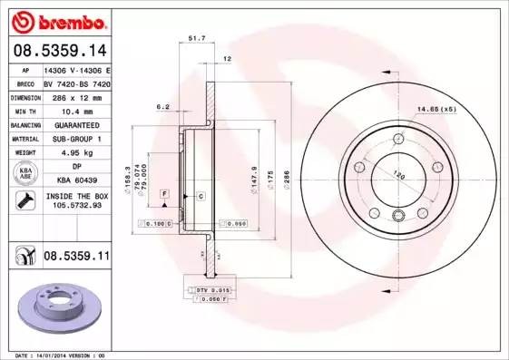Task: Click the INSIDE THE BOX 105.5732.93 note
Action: (76, 201)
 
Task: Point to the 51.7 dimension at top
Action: (196, 38)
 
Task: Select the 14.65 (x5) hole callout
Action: (436, 110)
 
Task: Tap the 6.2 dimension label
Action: (163, 107)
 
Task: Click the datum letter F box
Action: (164, 194)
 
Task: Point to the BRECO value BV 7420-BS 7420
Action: (76, 82)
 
